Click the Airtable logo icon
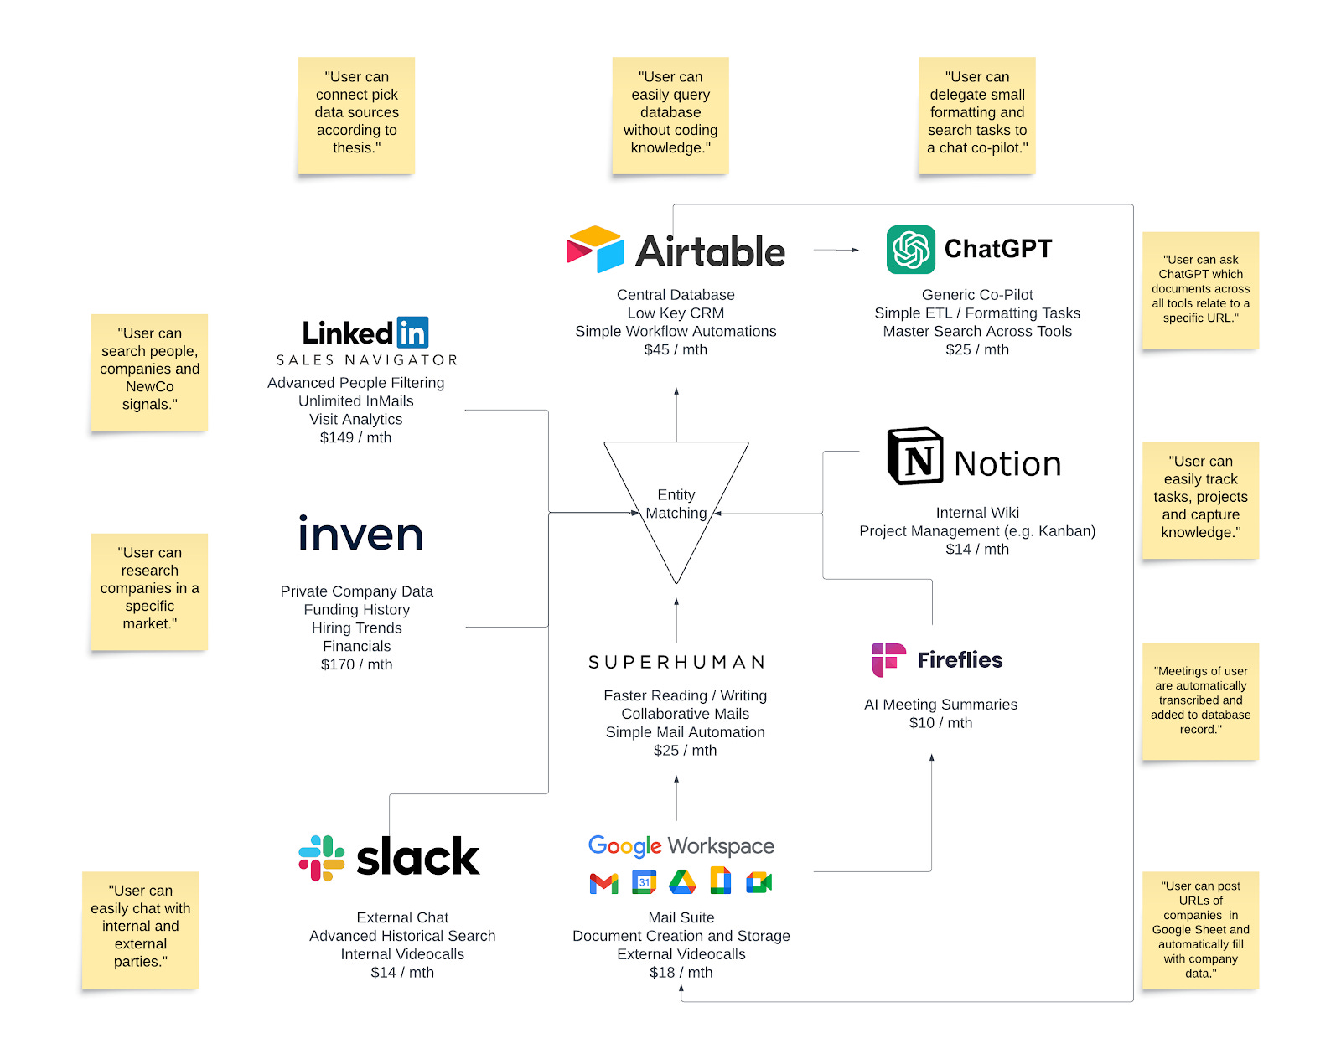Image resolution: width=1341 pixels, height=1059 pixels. pos(595,249)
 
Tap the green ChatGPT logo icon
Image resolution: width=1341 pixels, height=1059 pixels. pos(910,249)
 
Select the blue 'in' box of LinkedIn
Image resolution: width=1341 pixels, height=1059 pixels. pos(412,333)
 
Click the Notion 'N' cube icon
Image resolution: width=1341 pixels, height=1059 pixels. pos(915,457)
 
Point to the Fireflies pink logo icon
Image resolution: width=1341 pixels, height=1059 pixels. pos(888,659)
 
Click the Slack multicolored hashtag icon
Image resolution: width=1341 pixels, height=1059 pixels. pos(322,858)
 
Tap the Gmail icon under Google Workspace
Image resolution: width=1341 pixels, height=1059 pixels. pos(603,882)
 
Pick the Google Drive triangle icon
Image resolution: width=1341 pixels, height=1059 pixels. pos(682,881)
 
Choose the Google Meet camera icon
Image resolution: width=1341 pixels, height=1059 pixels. pos(759,882)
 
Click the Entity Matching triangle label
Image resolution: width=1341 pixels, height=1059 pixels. pos(676,504)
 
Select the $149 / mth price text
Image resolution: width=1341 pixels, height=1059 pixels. pos(355,437)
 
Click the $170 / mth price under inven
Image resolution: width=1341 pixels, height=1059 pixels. pos(356,664)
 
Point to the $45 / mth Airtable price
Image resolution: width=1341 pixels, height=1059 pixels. pos(676,349)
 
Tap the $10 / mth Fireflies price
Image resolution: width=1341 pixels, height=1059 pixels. pos(940,723)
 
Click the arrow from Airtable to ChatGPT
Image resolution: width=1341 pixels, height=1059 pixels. pos(836,250)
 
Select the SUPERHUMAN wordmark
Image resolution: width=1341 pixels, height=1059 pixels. pos(676,663)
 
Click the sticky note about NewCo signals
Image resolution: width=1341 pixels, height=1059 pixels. pos(149,372)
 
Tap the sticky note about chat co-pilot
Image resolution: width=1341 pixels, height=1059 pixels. pos(977,116)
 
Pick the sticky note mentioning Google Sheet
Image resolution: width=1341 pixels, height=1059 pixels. pos(1200,930)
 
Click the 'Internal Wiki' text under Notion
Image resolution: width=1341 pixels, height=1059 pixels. pos(977,513)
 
